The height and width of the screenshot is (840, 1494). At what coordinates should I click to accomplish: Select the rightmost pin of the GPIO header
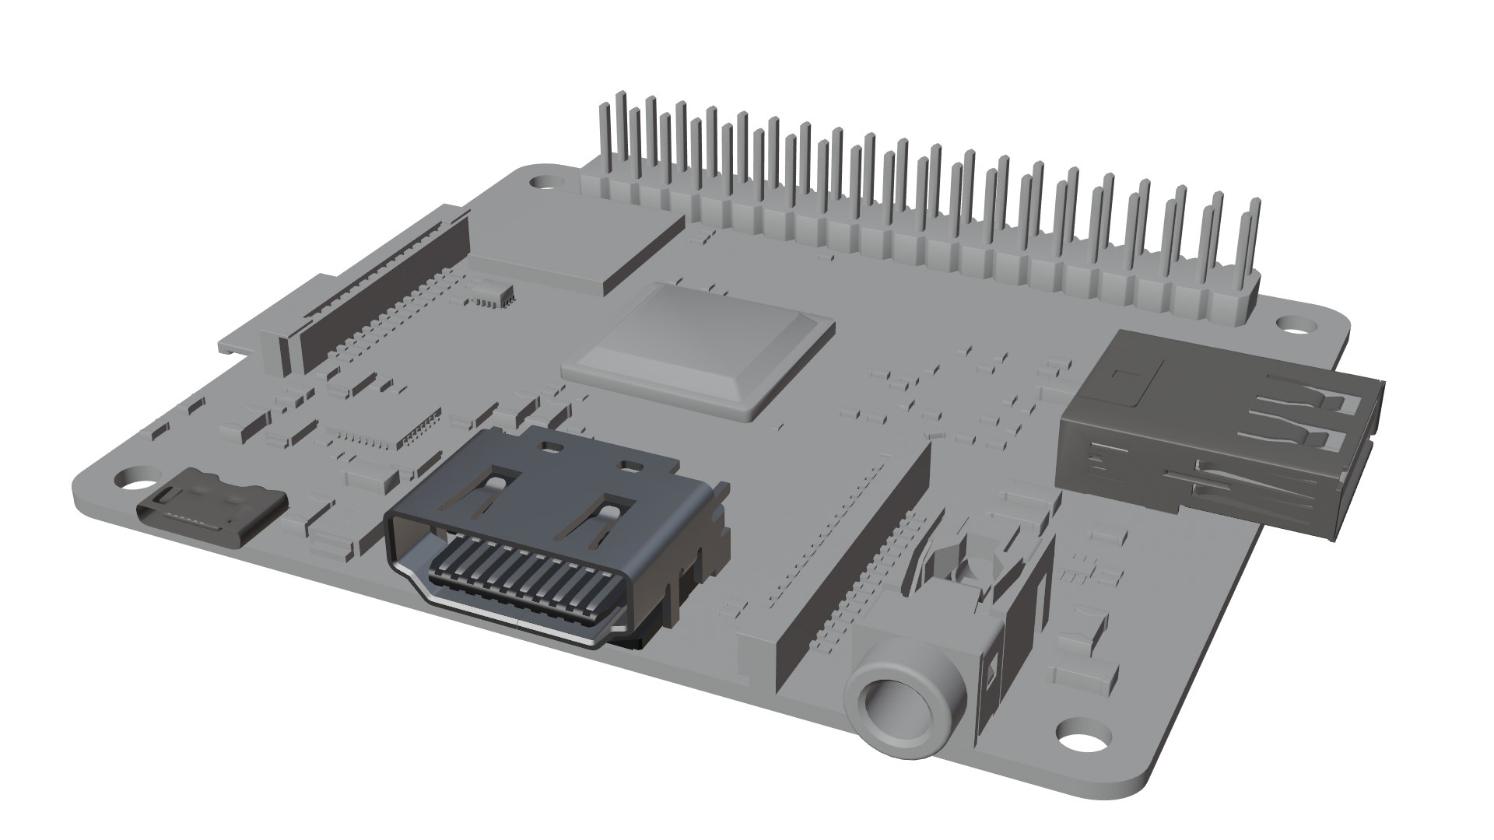pyautogui.click(x=1253, y=249)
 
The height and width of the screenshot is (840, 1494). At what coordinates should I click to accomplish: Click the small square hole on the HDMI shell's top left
pyautogui.click(x=553, y=448)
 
